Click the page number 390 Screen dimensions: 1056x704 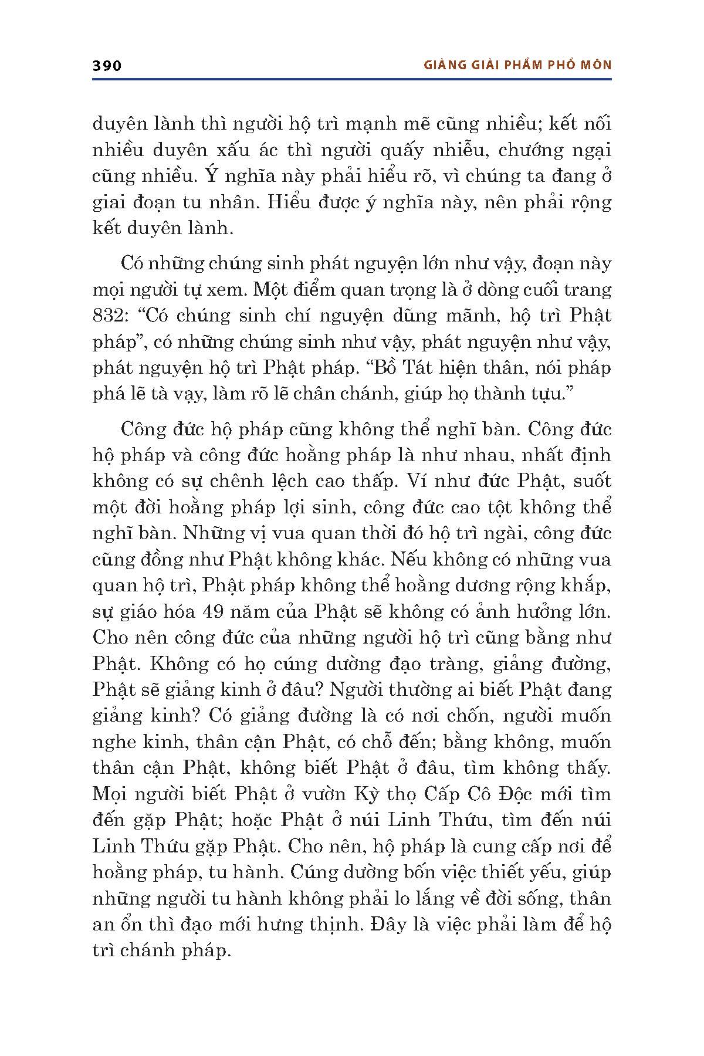[x=107, y=66]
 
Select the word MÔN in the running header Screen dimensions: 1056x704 [x=594, y=65]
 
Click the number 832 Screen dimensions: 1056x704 [x=109, y=316]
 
